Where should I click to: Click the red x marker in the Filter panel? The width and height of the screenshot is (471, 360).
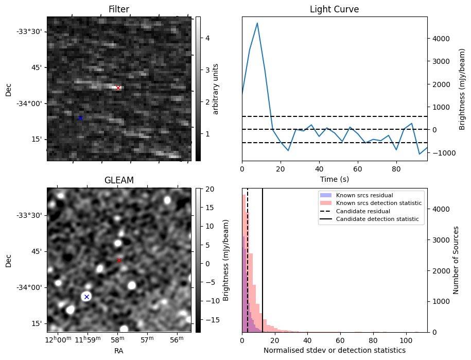(x=118, y=88)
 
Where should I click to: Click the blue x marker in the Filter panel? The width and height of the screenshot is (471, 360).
(x=80, y=118)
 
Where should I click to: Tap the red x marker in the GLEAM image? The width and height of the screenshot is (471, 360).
(x=119, y=260)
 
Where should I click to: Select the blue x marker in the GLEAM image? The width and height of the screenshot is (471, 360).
(x=86, y=297)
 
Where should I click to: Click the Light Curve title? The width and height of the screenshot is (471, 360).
(x=334, y=10)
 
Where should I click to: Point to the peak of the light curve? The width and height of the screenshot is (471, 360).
(x=257, y=23)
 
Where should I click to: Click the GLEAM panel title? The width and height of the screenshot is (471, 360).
(x=119, y=180)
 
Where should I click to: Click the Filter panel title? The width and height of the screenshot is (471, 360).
(x=119, y=10)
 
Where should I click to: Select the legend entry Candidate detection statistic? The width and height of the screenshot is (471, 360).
(x=378, y=219)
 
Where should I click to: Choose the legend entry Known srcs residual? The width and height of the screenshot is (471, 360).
(x=364, y=195)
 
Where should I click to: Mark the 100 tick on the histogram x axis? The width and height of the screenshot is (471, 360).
(x=406, y=339)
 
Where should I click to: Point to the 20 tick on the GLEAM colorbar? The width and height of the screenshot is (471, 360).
(x=205, y=189)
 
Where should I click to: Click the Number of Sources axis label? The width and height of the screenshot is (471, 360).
(x=456, y=260)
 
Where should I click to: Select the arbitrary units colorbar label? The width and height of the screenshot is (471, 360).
(x=216, y=89)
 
